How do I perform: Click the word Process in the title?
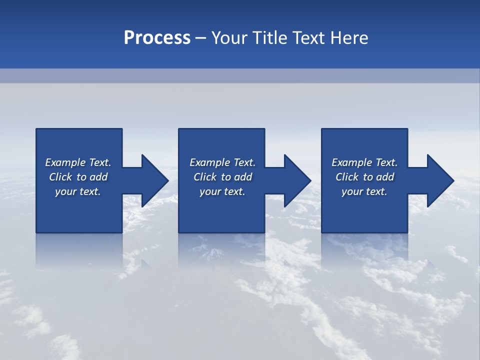157,38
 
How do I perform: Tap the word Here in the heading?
349,38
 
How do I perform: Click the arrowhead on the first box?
152,180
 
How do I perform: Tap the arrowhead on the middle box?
295,180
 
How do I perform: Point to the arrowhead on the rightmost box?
438,180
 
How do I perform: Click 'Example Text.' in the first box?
78,162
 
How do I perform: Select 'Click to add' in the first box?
78,177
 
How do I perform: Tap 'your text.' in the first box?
78,191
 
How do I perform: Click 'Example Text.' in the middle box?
222,162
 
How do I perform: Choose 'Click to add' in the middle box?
222,177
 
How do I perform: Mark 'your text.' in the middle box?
222,191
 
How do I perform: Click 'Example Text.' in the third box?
364,162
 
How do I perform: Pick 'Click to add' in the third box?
364,177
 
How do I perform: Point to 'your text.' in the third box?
364,191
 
